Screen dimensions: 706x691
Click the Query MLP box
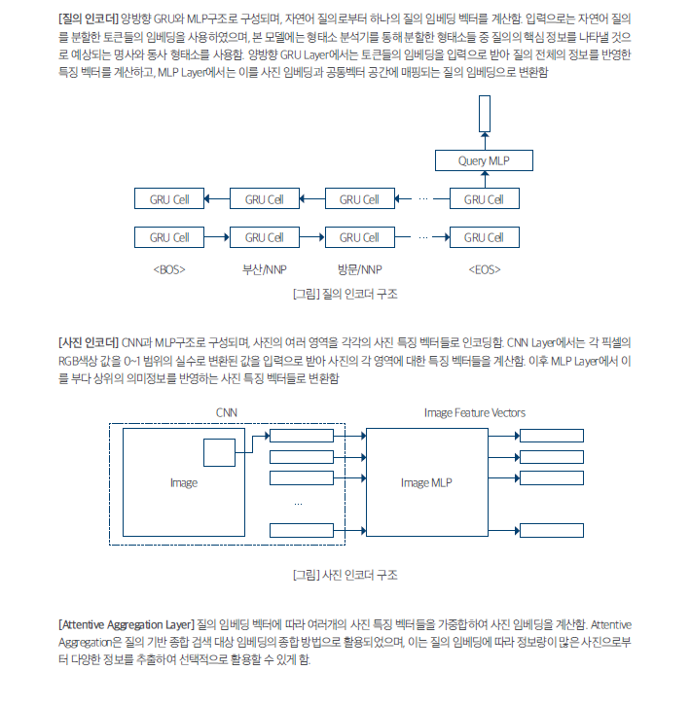point(484,160)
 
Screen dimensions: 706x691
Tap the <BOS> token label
point(169,268)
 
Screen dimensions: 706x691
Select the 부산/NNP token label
point(264,268)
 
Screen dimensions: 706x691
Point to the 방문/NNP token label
point(359,268)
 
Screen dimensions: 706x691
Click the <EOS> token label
point(484,268)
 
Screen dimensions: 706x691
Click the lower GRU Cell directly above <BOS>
point(169,237)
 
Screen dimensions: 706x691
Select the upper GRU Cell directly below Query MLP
point(484,199)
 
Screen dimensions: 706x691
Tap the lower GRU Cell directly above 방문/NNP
point(359,237)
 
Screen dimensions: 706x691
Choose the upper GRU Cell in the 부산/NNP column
point(264,199)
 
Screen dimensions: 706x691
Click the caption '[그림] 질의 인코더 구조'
point(345,293)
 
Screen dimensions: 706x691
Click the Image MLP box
point(427,482)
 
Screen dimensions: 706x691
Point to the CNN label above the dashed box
point(227,412)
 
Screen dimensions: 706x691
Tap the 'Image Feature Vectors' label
point(475,412)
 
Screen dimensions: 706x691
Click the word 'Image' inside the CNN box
point(183,482)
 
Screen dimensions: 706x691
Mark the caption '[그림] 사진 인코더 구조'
point(345,575)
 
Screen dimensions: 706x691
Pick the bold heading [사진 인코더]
point(89,342)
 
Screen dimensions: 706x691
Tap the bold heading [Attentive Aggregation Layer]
point(126,623)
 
